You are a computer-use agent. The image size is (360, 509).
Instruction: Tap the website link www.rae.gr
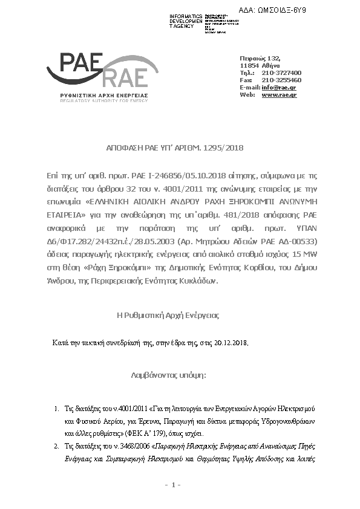click(x=279, y=95)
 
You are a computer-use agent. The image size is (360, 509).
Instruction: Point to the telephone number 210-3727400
click(x=281, y=73)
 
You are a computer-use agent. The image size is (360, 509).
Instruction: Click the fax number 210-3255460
click(x=281, y=80)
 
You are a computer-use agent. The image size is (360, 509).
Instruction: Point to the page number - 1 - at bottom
click(x=173, y=485)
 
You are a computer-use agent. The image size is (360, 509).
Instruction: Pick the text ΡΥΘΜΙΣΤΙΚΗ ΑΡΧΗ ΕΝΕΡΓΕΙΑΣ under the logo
click(x=100, y=96)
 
